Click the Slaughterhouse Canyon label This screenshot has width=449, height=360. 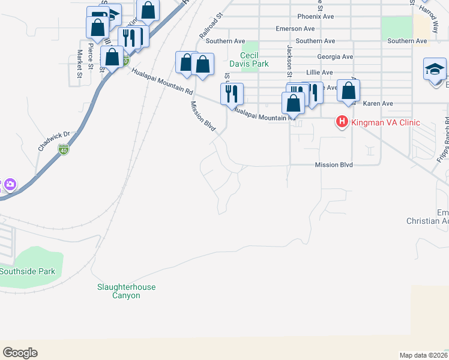pyautogui.click(x=127, y=291)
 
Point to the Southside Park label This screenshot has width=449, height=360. pyautogui.click(x=28, y=271)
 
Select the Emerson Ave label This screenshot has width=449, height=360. pyautogui.click(x=295, y=28)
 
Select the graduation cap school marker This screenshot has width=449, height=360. pyautogui.click(x=435, y=69)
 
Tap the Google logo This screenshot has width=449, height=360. pyautogui.click(x=20, y=353)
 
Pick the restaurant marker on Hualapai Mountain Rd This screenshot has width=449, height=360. pyautogui.click(x=231, y=94)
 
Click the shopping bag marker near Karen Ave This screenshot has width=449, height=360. pyautogui.click(x=348, y=90)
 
